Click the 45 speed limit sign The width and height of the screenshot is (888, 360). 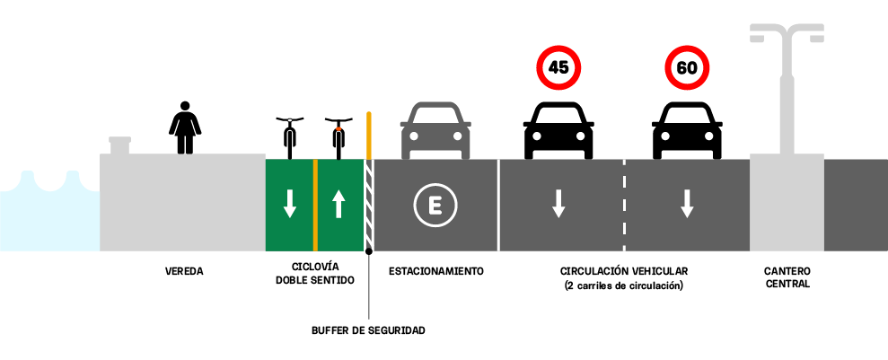(558, 67)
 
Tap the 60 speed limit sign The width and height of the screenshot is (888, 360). (687, 67)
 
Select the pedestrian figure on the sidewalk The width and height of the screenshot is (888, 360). (185, 127)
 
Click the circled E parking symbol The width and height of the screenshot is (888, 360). (435, 206)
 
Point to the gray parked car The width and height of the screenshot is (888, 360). (435, 130)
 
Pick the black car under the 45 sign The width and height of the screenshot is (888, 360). (558, 130)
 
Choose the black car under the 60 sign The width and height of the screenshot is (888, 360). (687, 130)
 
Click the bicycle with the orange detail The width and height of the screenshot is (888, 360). (338, 138)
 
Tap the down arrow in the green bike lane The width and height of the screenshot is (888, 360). (290, 204)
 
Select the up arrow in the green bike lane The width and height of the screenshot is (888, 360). (338, 204)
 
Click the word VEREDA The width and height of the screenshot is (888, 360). (184, 271)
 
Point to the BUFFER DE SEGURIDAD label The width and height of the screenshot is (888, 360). (368, 330)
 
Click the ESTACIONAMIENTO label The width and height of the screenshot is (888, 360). (436, 271)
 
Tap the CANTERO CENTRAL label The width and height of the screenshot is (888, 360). (787, 277)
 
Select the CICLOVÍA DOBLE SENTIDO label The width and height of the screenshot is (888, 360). (315, 274)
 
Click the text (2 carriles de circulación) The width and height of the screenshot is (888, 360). (624, 285)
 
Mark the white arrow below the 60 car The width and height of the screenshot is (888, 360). (687, 204)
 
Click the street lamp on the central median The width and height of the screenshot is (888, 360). (787, 91)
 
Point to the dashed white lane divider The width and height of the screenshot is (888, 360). (625, 205)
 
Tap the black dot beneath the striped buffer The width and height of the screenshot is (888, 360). (369, 250)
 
